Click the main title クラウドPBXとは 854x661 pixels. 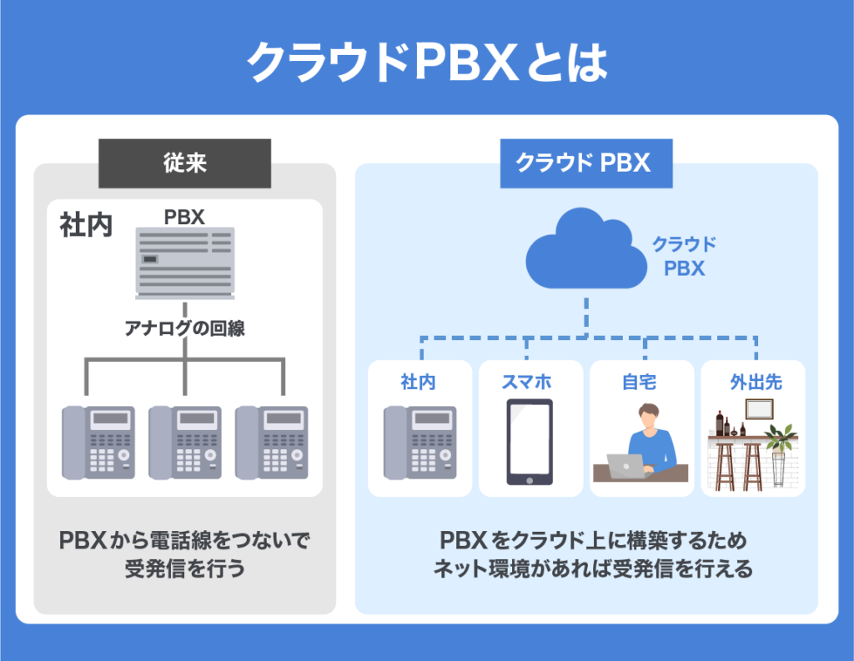(427, 62)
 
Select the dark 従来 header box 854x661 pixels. (184, 163)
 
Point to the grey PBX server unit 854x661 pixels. (184, 260)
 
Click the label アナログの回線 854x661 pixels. (184, 328)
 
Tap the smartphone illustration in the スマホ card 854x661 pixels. (530, 442)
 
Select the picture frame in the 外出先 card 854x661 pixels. (759, 408)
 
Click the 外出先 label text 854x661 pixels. (755, 383)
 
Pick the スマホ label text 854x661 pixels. (530, 383)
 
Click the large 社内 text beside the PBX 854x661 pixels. (86, 227)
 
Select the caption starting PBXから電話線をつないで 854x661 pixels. (184, 541)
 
